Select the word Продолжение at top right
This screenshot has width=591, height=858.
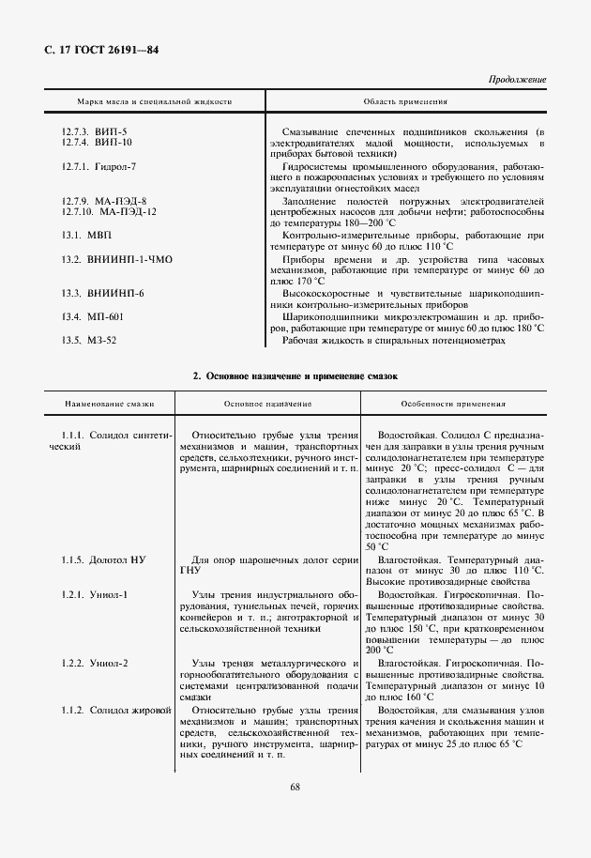[x=517, y=80]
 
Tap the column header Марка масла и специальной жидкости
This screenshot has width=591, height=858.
[x=154, y=101]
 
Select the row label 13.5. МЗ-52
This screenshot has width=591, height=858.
[x=89, y=340]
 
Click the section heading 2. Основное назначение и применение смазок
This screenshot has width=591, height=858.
[x=295, y=376]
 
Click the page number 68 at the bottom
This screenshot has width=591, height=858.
[x=295, y=786]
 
